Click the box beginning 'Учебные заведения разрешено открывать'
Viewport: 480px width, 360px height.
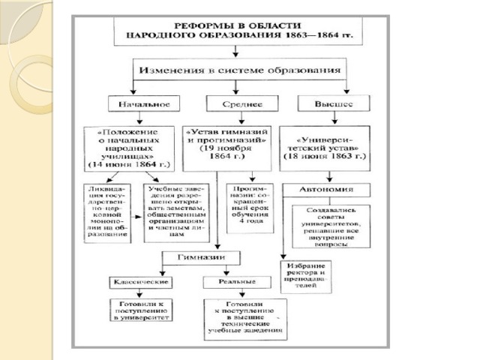pos(173,212)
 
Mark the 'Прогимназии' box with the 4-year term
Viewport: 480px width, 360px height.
pos(250,206)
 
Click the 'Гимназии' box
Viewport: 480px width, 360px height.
pos(202,257)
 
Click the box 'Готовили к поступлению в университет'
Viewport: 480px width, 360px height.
pos(141,310)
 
